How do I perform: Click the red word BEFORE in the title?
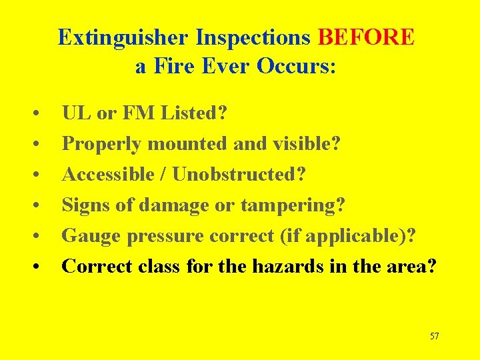tap(367, 37)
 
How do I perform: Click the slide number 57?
tap(434, 336)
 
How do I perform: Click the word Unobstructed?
tap(239, 175)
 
